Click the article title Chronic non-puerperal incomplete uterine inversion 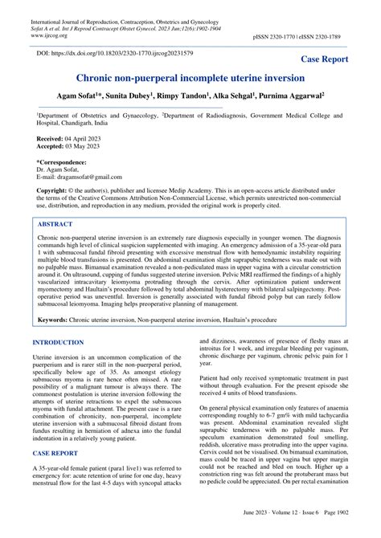(190, 79)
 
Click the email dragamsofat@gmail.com (79, 176)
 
